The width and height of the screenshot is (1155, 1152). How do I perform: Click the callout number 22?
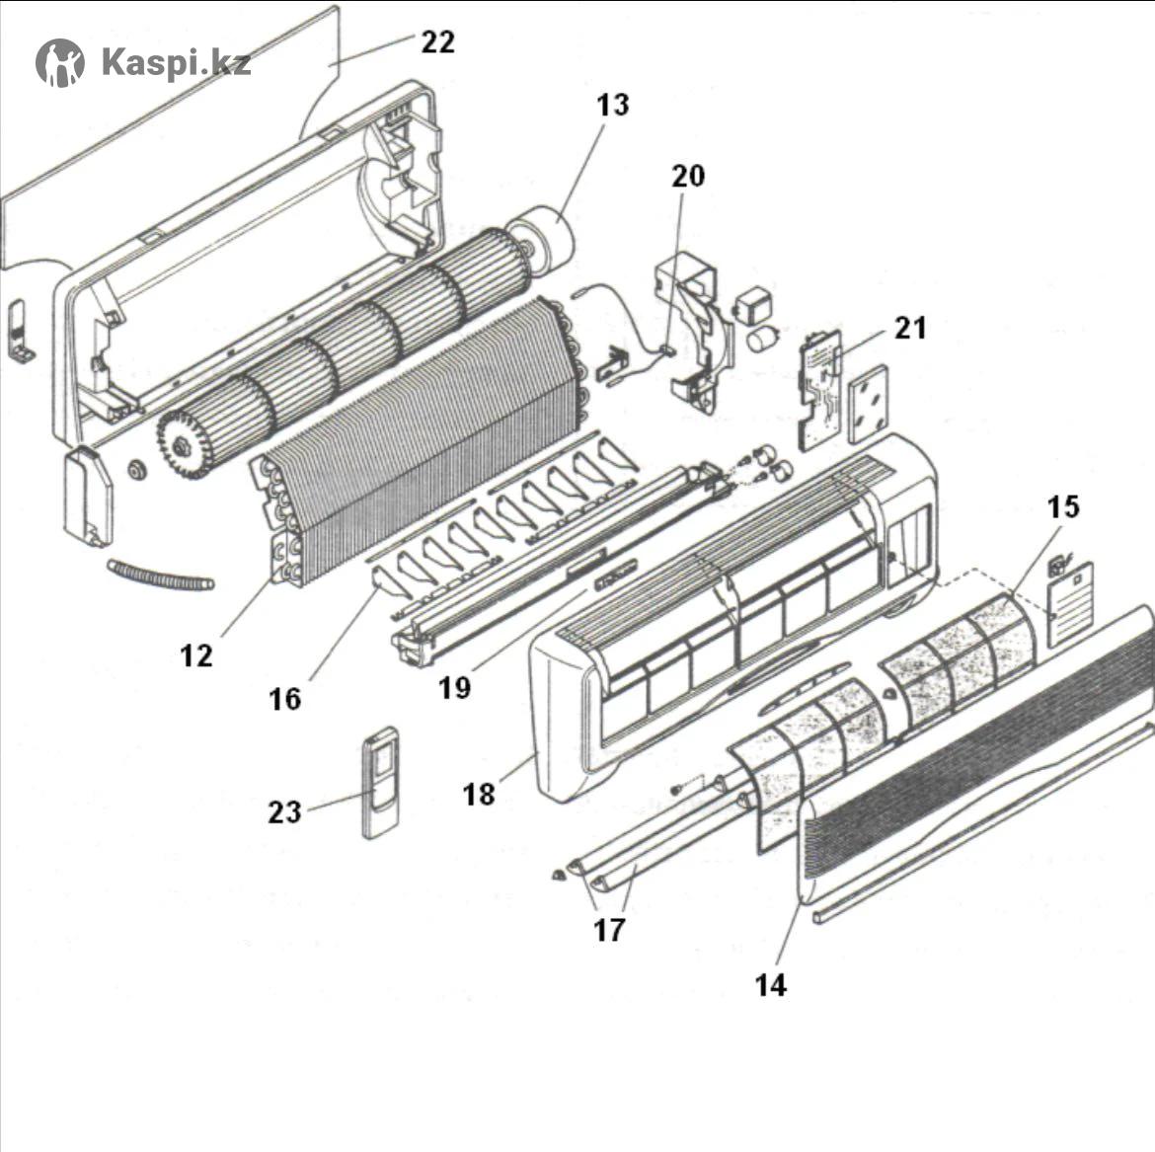click(437, 42)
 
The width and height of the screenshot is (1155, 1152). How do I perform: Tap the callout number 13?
click(613, 105)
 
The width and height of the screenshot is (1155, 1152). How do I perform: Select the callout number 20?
click(688, 176)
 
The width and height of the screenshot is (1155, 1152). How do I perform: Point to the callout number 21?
click(910, 328)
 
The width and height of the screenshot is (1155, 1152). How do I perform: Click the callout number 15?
click(1062, 507)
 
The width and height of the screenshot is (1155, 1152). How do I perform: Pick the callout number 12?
click(196, 654)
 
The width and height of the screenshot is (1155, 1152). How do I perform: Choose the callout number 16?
click(284, 699)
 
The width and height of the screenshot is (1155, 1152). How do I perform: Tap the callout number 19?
click(454, 688)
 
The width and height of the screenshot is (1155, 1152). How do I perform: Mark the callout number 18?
click(479, 794)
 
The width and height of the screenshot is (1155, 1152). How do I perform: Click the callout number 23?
click(284, 812)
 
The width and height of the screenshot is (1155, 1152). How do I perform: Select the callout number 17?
click(609, 930)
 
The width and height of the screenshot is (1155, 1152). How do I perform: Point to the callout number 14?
click(770, 984)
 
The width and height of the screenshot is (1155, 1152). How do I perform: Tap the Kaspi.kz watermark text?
click(176, 63)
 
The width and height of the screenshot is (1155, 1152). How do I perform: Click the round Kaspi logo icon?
click(60, 63)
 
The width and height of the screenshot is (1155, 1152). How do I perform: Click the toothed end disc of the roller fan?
click(179, 447)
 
